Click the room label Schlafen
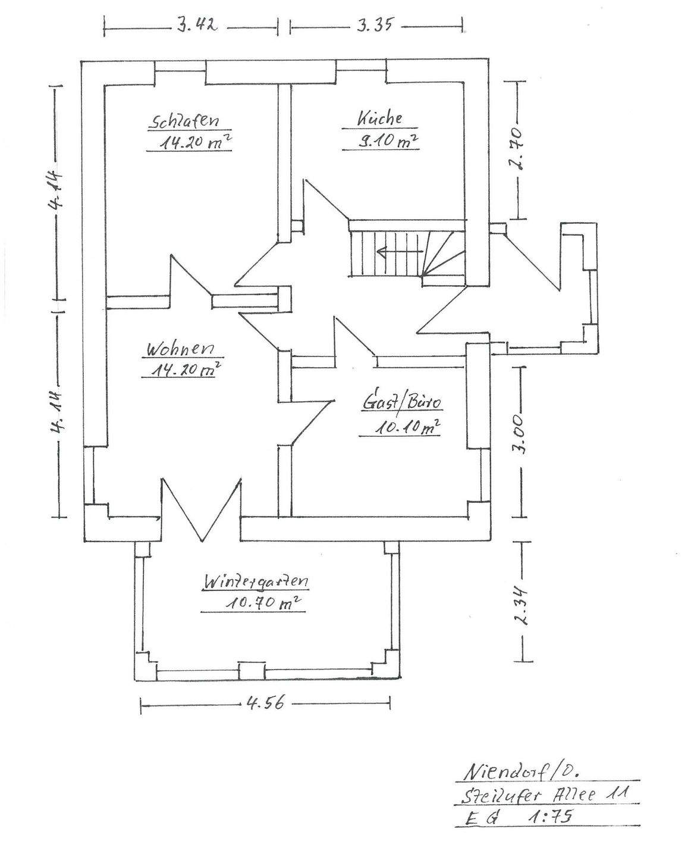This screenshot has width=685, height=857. [x=184, y=121]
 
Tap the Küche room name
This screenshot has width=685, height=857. [x=380, y=118]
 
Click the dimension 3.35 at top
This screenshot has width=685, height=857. [x=374, y=26]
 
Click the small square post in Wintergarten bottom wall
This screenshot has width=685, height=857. [x=252, y=671]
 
